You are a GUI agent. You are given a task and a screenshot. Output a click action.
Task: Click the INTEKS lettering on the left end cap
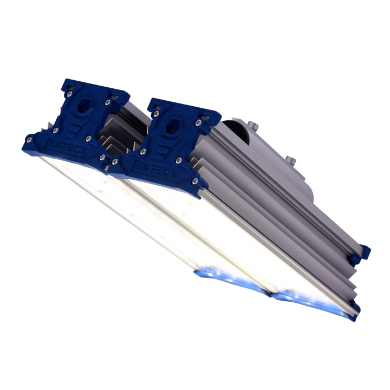[x=66, y=148]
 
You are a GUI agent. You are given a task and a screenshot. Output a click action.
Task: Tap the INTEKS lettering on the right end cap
[x=154, y=170]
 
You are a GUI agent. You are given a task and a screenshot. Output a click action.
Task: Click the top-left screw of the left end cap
[x=69, y=94]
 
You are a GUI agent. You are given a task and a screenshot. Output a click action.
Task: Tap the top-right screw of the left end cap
[x=107, y=102]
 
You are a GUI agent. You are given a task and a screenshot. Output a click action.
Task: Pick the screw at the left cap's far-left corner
[x=29, y=140]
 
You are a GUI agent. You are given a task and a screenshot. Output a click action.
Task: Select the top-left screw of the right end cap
[x=156, y=114]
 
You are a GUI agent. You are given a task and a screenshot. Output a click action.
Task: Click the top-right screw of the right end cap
[x=198, y=122]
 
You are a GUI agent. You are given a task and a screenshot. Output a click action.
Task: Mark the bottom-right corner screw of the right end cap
[x=195, y=181]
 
